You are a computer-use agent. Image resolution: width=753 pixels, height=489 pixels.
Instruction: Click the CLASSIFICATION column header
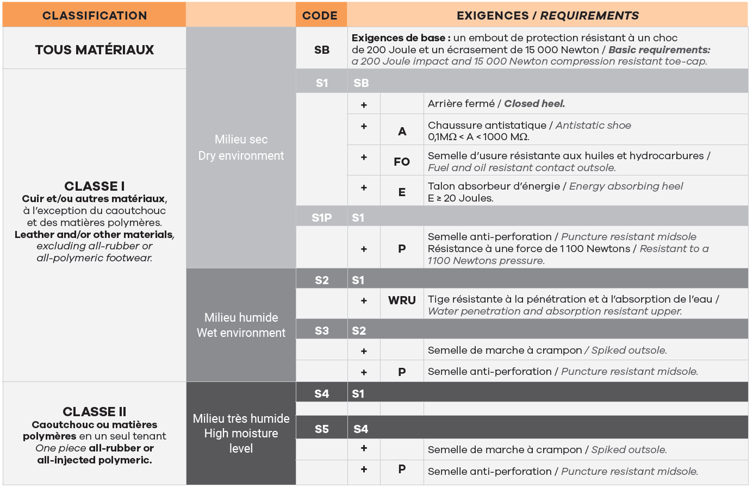click(95, 15)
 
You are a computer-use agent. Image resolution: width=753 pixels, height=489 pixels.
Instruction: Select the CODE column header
click(320, 15)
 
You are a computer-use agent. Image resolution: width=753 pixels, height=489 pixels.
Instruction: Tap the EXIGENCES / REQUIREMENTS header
click(547, 15)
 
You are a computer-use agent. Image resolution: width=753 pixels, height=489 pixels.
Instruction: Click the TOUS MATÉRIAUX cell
click(95, 49)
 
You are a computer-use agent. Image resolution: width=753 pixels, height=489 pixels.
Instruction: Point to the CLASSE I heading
click(95, 186)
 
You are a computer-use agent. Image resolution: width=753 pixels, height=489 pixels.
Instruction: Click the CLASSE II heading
click(95, 411)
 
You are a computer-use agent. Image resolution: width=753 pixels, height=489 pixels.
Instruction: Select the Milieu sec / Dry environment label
click(241, 147)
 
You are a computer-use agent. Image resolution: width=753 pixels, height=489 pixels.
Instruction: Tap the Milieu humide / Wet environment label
click(241, 325)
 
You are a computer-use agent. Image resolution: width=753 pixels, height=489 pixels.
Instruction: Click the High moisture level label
click(241, 434)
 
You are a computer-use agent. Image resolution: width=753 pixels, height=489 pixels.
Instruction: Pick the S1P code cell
click(322, 218)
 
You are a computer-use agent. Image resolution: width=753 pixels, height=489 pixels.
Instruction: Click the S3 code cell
click(322, 330)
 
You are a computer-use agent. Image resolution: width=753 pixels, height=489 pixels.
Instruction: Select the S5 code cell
click(322, 429)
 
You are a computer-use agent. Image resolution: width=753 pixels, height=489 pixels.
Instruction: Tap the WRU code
click(402, 300)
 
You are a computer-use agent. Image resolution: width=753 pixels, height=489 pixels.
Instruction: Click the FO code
click(402, 161)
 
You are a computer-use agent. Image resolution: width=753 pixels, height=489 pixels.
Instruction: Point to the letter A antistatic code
click(402, 131)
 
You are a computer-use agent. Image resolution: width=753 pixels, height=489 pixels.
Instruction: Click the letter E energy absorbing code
click(402, 192)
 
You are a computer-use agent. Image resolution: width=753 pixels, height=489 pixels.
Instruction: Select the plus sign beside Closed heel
click(364, 104)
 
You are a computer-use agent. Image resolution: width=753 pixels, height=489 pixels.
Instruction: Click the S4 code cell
click(322, 393)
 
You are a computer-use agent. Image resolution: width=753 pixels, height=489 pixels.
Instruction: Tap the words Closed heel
click(534, 103)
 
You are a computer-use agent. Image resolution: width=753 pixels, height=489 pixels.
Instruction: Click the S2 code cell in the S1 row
click(322, 280)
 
